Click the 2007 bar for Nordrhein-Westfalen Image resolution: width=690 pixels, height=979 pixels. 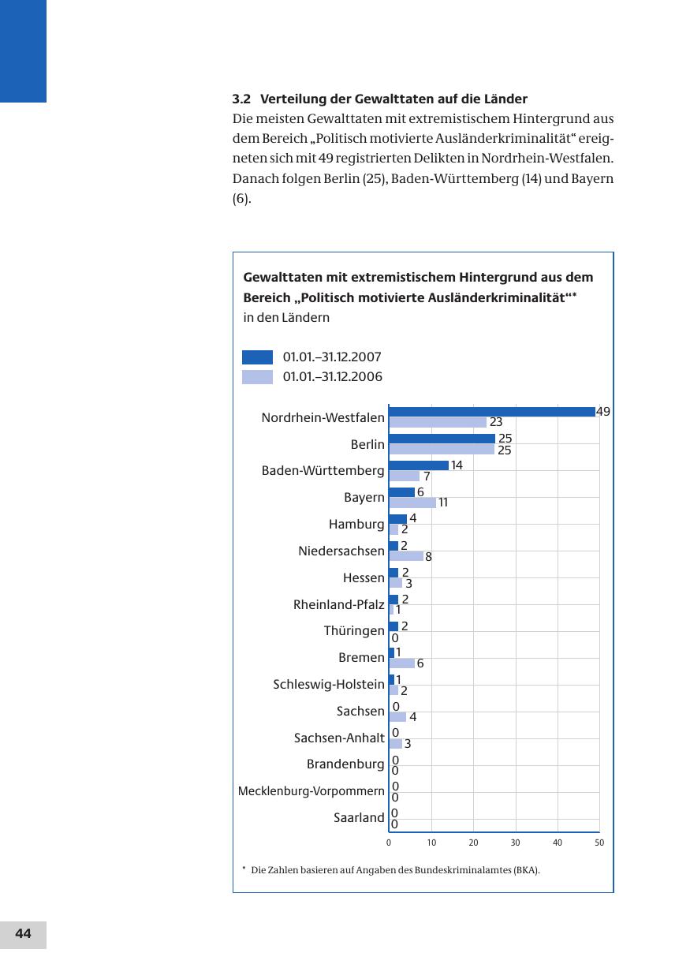point(492,412)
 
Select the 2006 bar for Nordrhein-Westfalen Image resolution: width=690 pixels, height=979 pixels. point(438,423)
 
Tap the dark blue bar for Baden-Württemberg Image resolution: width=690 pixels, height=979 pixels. point(419,465)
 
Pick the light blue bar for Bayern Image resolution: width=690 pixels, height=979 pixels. point(412,503)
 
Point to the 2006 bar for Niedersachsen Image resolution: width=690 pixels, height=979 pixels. point(406,556)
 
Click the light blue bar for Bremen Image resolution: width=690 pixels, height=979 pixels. point(401,663)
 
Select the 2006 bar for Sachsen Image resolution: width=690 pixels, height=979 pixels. point(397,717)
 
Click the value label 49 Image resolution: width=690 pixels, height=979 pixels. point(603,412)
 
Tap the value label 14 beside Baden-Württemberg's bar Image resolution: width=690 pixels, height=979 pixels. point(457,465)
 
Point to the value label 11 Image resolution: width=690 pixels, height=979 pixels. point(443,503)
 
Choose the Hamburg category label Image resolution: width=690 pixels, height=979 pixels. point(356,525)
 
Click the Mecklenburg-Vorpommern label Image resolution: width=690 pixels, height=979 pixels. point(311,791)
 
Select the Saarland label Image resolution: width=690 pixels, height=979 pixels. point(359,818)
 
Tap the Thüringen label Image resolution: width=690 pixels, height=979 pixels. point(354,631)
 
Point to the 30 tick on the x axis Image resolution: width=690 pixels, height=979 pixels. point(515,843)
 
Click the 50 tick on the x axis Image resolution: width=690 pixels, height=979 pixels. point(599,843)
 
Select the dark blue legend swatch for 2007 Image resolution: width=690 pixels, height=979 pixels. point(257,357)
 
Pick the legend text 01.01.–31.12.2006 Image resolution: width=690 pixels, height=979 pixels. point(332,377)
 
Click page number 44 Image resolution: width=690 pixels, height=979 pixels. point(23,934)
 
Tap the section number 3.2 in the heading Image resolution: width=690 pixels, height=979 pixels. point(241,99)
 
